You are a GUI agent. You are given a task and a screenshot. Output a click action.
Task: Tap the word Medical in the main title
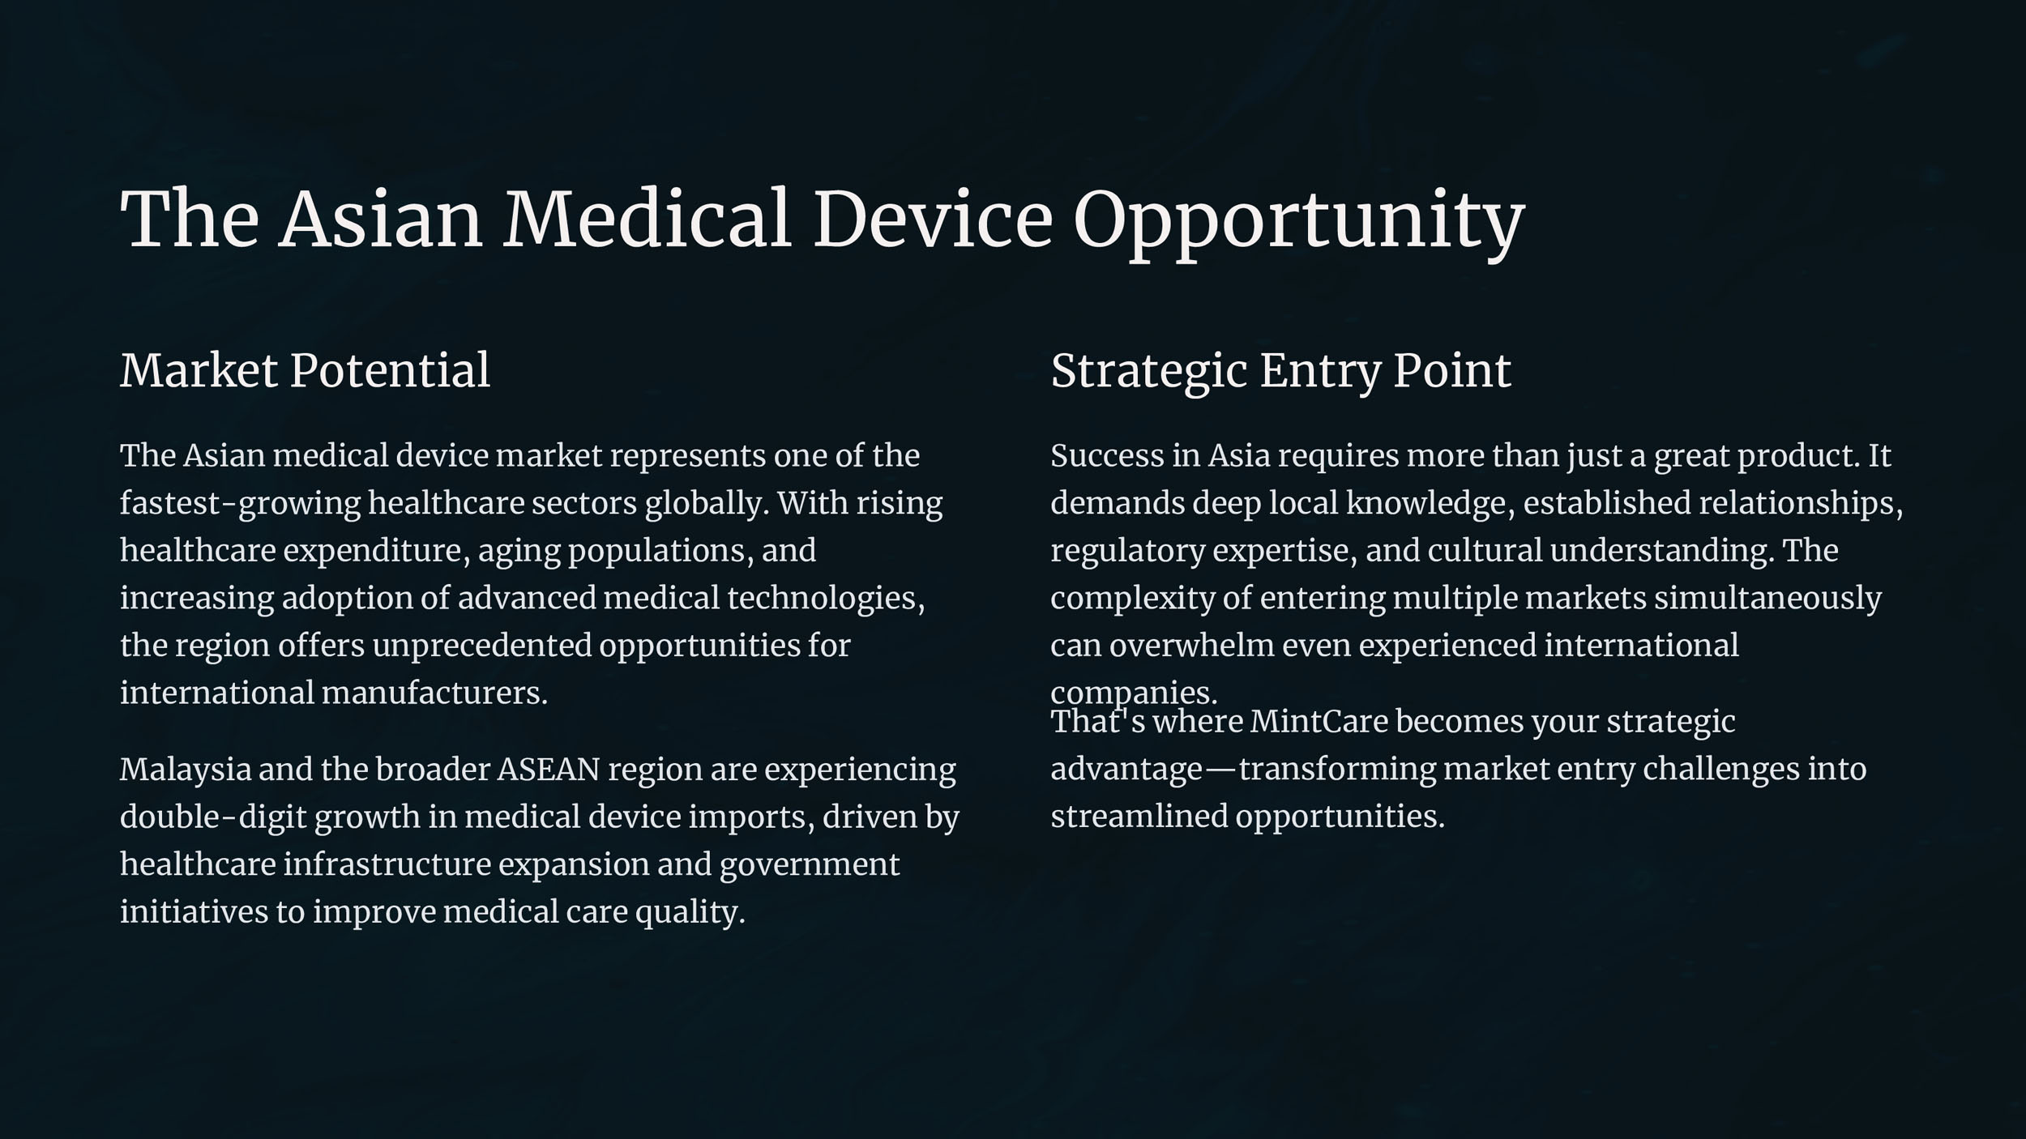(647, 219)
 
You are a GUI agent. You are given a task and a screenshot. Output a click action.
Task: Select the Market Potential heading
(306, 370)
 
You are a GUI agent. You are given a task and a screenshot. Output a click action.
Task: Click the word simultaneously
(1767, 599)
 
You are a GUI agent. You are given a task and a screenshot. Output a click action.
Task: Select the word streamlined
(1139, 817)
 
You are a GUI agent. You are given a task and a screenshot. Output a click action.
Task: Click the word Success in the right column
(1107, 456)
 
